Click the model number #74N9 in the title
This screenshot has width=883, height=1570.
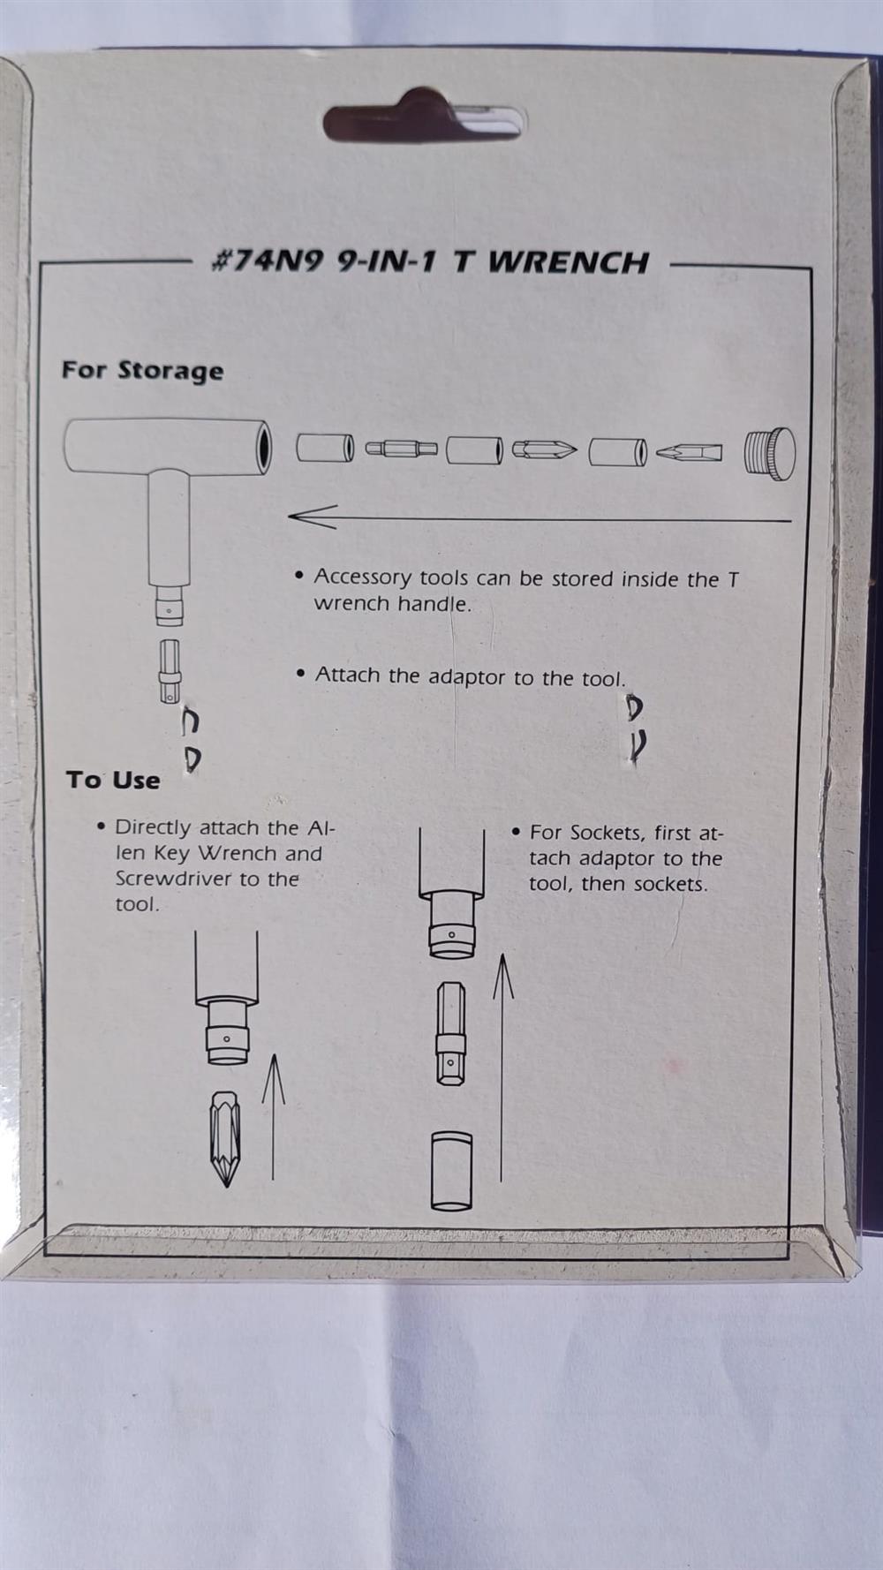[x=268, y=261]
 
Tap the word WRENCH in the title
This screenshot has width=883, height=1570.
[x=569, y=262]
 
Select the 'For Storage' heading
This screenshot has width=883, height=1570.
[x=142, y=371]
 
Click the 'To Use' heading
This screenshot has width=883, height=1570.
[x=113, y=781]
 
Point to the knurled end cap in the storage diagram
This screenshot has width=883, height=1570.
[x=770, y=453]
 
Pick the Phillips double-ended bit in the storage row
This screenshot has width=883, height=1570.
[x=544, y=450]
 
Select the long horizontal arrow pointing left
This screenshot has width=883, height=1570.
[x=540, y=517]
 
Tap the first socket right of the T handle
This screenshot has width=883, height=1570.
[x=325, y=449]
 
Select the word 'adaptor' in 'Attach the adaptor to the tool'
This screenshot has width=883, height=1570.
[x=468, y=676]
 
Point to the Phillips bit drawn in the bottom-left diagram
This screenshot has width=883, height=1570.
[x=226, y=1138]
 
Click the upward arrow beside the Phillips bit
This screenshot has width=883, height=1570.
[x=274, y=1117]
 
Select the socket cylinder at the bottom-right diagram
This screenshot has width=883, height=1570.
[x=451, y=1171]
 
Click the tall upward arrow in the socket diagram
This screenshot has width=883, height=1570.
[x=502, y=1067]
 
